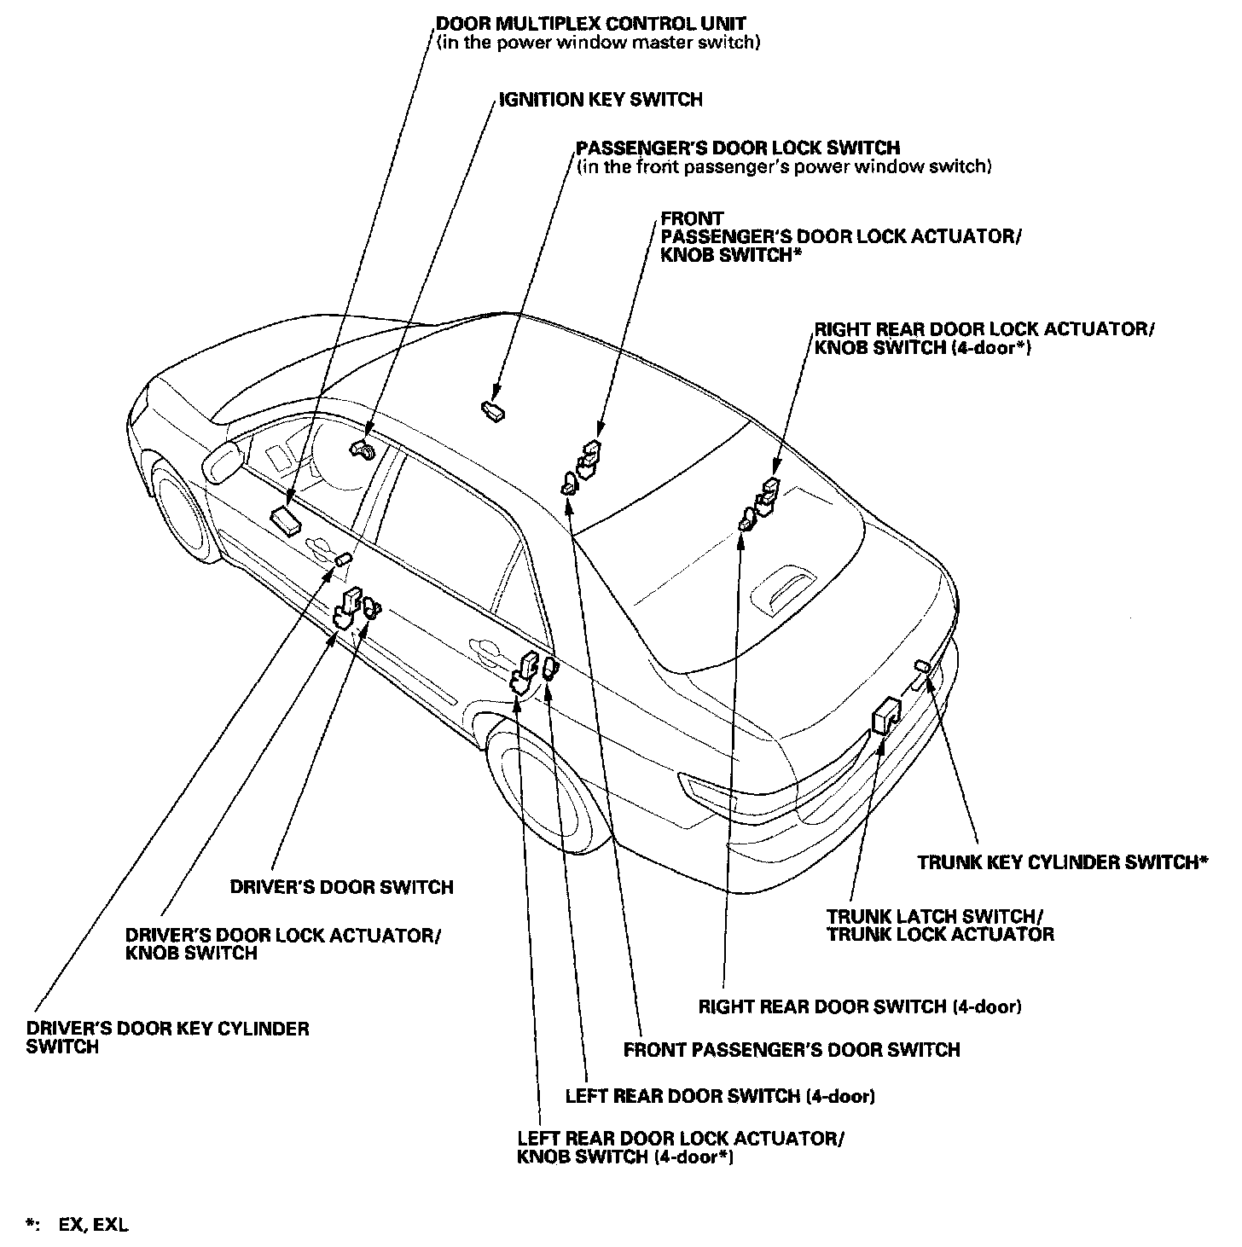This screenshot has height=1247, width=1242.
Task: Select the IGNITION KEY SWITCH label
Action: tap(601, 100)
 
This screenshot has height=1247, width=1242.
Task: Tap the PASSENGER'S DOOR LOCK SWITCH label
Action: tap(738, 148)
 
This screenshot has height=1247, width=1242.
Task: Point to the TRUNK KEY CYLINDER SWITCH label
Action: tap(1062, 862)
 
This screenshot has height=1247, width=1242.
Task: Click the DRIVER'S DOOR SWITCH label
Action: tap(341, 887)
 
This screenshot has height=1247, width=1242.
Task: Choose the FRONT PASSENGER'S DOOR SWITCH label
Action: tap(792, 1049)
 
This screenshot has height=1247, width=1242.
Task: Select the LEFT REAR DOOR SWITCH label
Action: tap(720, 1096)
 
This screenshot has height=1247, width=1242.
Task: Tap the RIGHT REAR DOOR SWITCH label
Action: tap(860, 1006)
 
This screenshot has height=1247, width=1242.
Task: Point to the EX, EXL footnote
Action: tap(93, 1226)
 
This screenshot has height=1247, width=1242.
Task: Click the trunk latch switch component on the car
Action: tap(887, 715)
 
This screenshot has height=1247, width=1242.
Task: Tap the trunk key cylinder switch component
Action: tap(922, 665)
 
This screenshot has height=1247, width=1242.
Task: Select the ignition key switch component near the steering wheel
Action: tap(361, 449)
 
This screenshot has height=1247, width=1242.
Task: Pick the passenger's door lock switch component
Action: tap(492, 411)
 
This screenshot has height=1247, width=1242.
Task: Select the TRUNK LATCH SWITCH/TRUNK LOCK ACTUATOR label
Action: tap(939, 925)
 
